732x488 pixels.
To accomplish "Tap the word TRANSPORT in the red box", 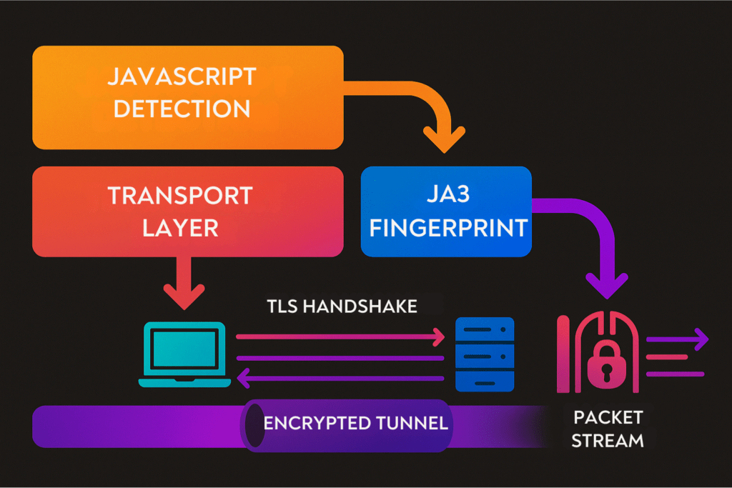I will click(x=179, y=196).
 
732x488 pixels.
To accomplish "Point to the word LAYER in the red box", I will click(x=179, y=228).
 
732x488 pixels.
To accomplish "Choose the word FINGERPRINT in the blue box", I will click(x=445, y=228).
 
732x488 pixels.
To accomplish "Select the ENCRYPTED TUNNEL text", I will click(x=355, y=423).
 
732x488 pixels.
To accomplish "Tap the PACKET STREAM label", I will click(x=608, y=428).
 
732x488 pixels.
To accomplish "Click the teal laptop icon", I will click(x=184, y=354).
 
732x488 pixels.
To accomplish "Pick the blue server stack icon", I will click(x=485, y=354).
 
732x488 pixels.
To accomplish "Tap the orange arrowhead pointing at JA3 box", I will click(x=444, y=139).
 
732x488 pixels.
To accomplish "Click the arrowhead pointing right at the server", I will click(x=437, y=336).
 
